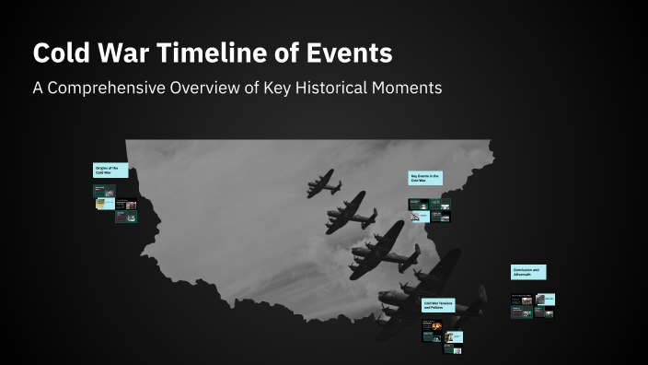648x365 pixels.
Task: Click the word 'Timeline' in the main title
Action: [187, 53]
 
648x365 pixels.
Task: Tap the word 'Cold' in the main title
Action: [62, 53]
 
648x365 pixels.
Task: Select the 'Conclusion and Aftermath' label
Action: [528, 273]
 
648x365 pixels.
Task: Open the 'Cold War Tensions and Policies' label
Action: [440, 305]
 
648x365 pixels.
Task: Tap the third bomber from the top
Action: [384, 250]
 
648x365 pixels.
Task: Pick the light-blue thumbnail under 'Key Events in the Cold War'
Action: [419, 218]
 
